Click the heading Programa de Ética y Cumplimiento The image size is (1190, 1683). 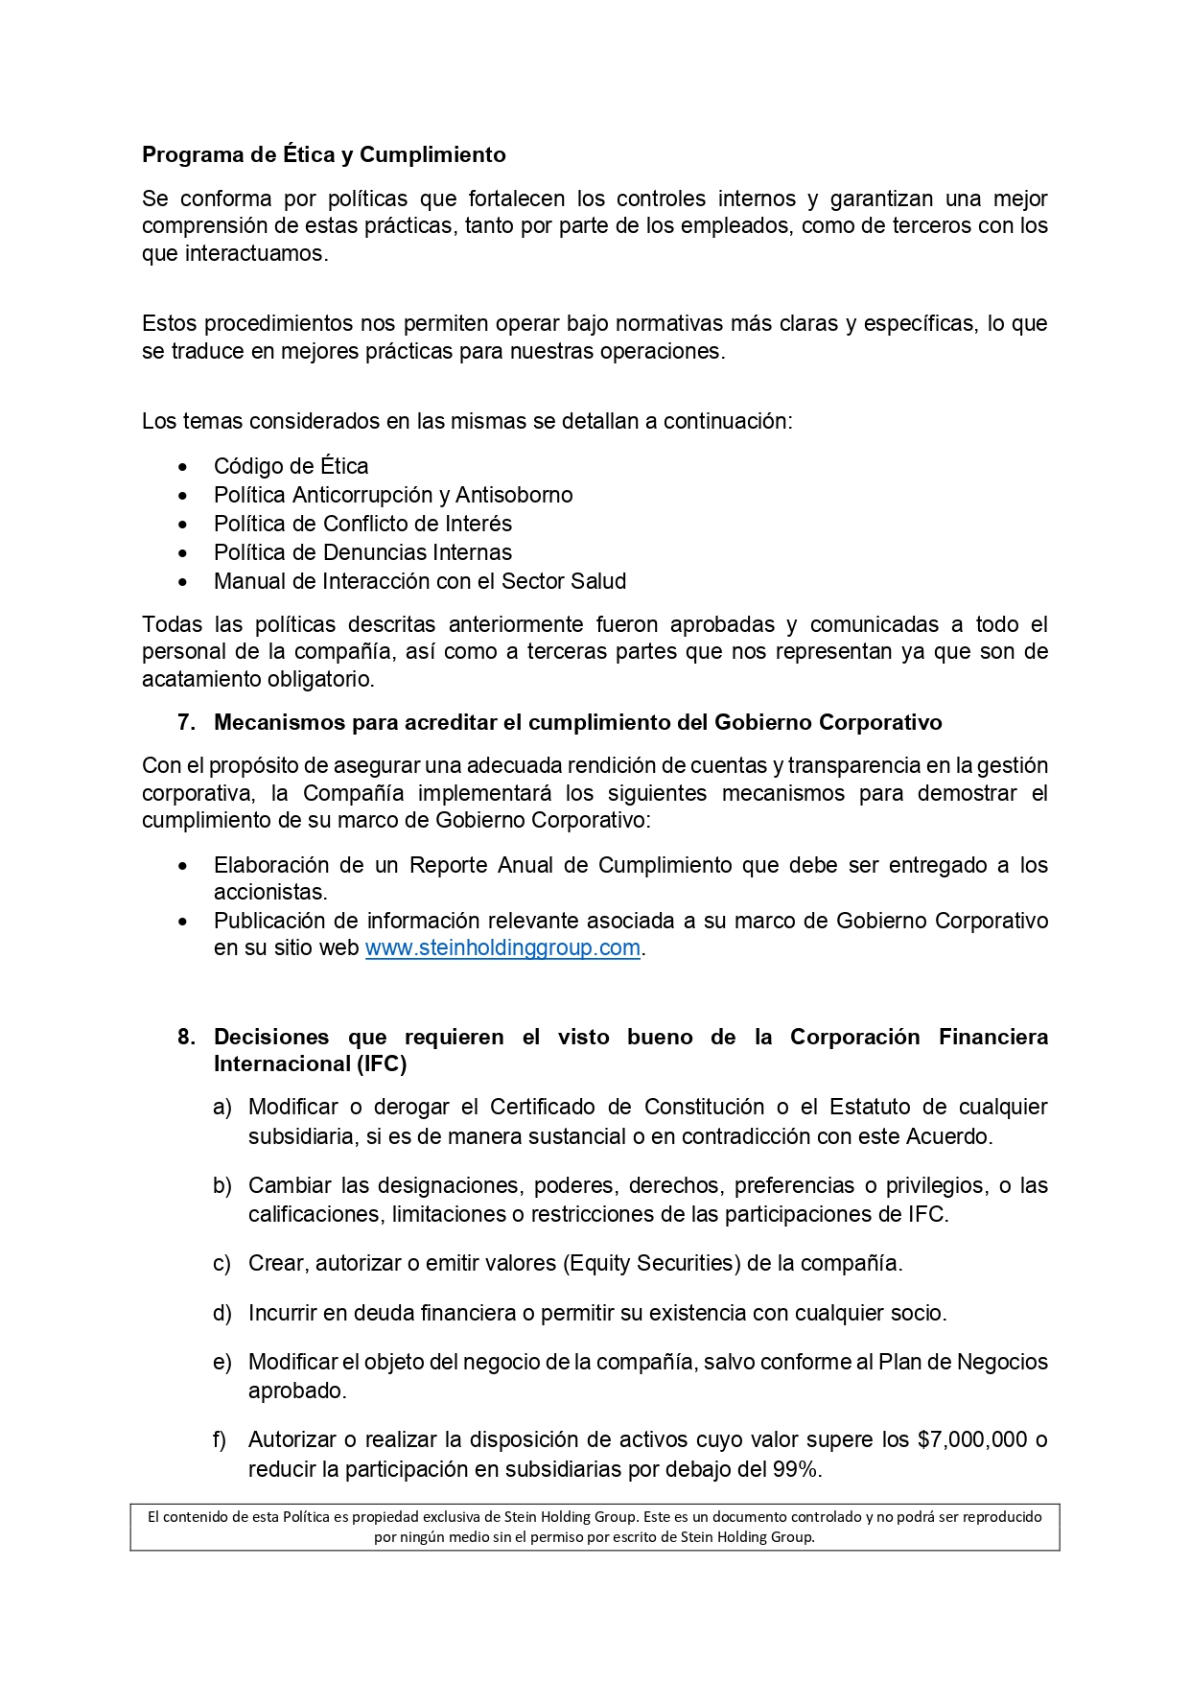click(x=324, y=154)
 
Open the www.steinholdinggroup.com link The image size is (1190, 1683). click(x=502, y=947)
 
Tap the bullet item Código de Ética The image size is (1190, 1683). click(x=291, y=466)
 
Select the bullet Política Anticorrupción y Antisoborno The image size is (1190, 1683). click(x=393, y=495)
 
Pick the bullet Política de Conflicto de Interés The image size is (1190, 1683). click(x=362, y=524)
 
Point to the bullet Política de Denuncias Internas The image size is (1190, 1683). click(x=362, y=552)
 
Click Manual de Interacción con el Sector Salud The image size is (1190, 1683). click(x=420, y=581)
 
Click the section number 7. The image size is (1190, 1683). click(x=186, y=722)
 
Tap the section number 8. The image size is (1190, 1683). click(x=186, y=1037)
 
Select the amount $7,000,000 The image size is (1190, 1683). click(x=972, y=1439)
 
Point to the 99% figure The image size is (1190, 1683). click(x=795, y=1469)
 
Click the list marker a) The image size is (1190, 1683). click(x=222, y=1108)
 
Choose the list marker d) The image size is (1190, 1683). click(x=222, y=1313)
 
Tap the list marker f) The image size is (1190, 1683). click(x=220, y=1439)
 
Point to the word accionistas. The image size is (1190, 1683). click(x=270, y=892)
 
